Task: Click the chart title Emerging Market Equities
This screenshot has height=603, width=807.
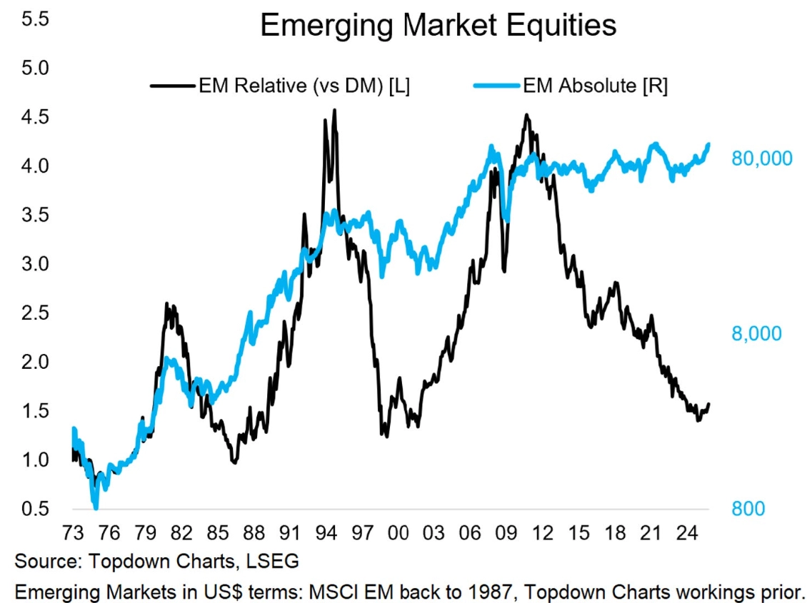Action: tap(438, 26)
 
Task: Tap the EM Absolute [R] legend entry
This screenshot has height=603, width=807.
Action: tap(595, 86)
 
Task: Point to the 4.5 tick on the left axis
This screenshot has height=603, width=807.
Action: tap(34, 117)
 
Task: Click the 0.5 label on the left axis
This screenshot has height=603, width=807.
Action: tap(34, 509)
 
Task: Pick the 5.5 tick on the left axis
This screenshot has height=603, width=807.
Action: tap(34, 19)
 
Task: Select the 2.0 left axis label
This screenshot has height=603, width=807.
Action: tap(34, 362)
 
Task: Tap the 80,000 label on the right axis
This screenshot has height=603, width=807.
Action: tap(761, 158)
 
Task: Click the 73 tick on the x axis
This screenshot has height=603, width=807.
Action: tap(73, 533)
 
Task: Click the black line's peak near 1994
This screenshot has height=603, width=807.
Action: tap(335, 110)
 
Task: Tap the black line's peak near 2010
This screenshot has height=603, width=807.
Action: tap(526, 114)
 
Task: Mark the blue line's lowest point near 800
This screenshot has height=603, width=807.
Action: tap(96, 507)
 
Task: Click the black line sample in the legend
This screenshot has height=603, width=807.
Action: tap(171, 86)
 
